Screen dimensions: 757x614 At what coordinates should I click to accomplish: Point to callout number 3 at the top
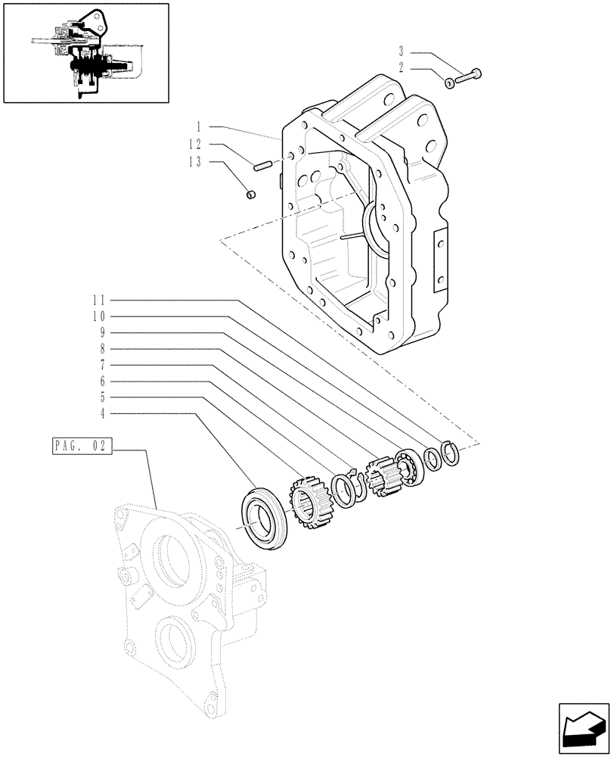(401, 52)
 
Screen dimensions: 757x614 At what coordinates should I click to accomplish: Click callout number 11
(100, 299)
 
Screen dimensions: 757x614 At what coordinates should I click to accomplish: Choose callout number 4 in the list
(104, 413)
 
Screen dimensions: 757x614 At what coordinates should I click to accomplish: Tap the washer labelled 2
(450, 83)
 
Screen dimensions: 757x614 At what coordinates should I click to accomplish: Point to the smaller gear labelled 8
(381, 475)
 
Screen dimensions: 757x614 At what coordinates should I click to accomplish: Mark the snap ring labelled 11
(451, 454)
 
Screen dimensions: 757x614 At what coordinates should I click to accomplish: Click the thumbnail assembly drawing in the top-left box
(85, 53)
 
